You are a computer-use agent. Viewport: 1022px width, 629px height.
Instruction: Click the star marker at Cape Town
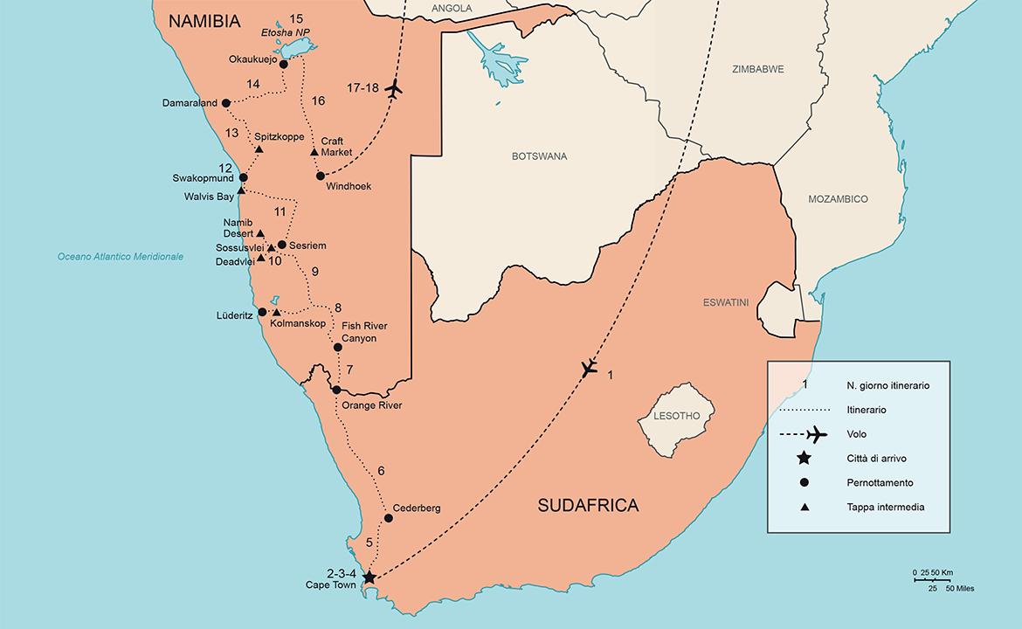click(369, 577)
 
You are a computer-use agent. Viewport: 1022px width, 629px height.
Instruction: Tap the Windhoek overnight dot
click(321, 176)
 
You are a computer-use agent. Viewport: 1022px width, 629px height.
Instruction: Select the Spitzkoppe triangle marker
click(259, 149)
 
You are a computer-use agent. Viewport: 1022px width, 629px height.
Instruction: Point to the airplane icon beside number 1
click(590, 370)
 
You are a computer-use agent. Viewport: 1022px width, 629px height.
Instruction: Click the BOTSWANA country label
click(540, 156)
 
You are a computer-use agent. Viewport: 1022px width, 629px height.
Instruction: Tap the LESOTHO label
click(677, 416)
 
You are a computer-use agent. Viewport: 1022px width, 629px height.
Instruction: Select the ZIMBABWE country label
click(757, 69)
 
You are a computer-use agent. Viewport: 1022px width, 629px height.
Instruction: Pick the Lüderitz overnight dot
click(262, 312)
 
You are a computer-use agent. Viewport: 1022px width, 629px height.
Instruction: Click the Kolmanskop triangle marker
click(277, 313)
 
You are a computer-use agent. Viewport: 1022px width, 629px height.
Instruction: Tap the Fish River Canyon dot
click(338, 347)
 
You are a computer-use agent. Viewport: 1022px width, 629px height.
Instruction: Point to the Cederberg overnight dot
click(389, 518)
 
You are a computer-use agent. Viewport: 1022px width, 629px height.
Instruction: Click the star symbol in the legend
click(804, 458)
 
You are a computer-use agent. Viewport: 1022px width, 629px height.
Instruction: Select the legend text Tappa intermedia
click(885, 507)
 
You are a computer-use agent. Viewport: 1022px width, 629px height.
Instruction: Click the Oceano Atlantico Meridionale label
click(121, 257)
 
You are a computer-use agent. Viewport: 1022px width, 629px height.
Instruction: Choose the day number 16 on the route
click(318, 101)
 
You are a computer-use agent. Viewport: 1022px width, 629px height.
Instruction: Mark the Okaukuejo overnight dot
click(283, 64)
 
